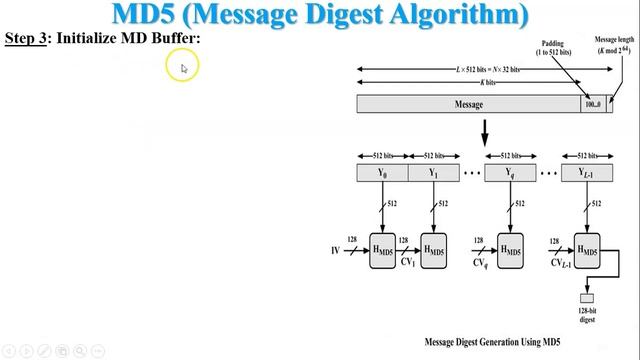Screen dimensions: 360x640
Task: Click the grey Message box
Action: (x=469, y=104)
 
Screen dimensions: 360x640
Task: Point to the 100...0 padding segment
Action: (x=594, y=104)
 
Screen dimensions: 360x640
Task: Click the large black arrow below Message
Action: (x=485, y=131)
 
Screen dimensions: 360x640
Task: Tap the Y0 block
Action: (x=382, y=172)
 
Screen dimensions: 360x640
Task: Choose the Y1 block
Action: (x=433, y=172)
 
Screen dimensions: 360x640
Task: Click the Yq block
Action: (x=509, y=172)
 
